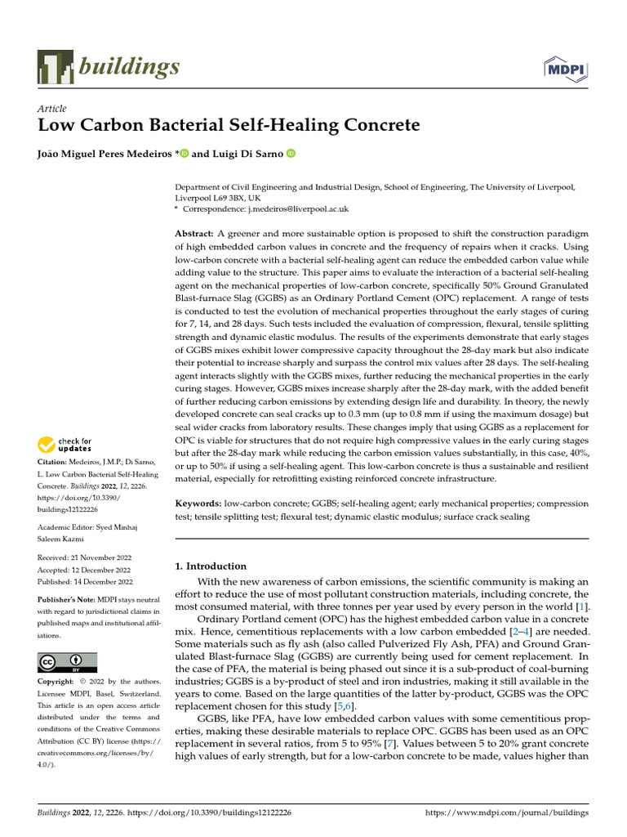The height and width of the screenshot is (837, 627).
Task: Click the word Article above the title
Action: (52, 109)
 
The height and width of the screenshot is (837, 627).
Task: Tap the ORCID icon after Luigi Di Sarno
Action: (290, 153)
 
